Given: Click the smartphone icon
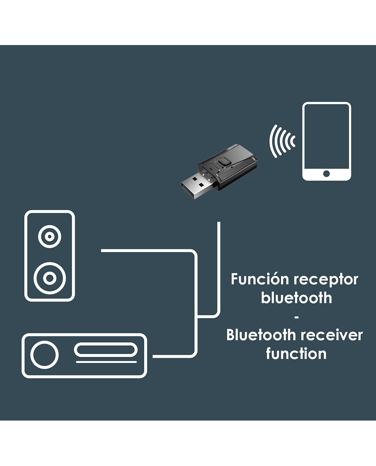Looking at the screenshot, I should [x=327, y=141].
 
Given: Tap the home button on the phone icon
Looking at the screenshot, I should [x=327, y=174].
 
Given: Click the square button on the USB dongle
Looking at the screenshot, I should [x=224, y=161].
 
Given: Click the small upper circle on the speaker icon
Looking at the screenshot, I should [x=49, y=236].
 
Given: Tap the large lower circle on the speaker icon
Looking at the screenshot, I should [x=49, y=278].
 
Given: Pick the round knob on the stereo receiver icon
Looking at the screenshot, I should [x=44, y=355].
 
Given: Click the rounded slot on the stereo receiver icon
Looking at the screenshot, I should [x=106, y=350].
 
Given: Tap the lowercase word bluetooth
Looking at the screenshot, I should [x=296, y=298].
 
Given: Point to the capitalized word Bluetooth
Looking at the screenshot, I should [x=260, y=335].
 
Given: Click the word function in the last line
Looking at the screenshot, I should [x=296, y=353].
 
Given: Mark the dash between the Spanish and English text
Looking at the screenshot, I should [x=296, y=317].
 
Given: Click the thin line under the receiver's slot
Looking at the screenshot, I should [x=106, y=362].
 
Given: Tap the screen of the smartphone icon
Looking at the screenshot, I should [x=327, y=136].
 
